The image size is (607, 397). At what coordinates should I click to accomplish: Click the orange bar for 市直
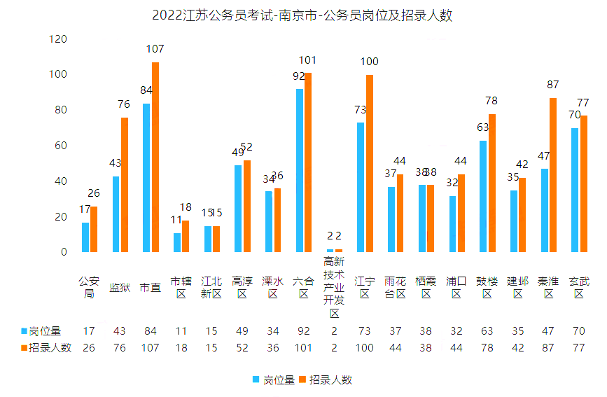[155, 157]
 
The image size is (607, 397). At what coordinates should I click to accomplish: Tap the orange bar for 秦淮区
[553, 175]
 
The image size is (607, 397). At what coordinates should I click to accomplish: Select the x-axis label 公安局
[89, 288]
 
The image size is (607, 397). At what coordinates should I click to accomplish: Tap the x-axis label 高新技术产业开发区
[334, 287]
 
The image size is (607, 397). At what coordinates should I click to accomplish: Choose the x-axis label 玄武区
[579, 288]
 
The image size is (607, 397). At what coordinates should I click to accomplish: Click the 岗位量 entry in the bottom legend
[274, 379]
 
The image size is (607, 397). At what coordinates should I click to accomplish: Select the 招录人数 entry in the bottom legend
[326, 379]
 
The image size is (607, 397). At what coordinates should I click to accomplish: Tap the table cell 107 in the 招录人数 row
[151, 348]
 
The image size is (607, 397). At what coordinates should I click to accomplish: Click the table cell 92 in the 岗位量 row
[304, 330]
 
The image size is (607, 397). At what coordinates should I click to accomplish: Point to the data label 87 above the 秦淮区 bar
[553, 85]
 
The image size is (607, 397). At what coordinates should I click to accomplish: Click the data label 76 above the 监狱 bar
[124, 104]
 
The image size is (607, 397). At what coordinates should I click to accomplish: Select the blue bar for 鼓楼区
[483, 196]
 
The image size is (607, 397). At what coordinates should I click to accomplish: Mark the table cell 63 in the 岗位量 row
[487, 330]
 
